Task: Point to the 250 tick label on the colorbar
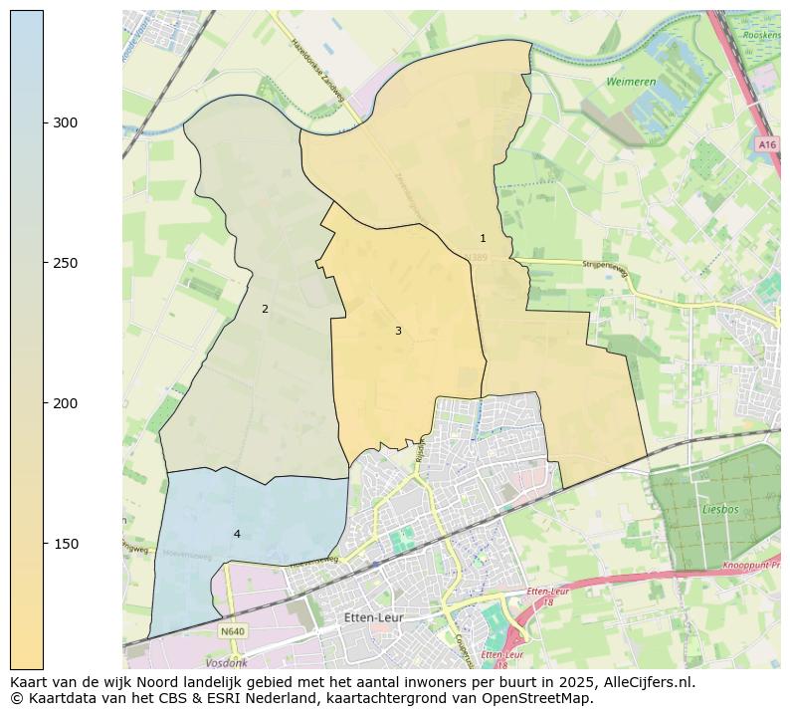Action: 66,263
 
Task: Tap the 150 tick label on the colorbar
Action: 66,544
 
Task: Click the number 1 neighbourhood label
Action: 484,238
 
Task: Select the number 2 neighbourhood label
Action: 265,309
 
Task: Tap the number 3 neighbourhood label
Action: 398,331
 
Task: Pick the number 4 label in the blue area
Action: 237,534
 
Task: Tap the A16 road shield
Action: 765,144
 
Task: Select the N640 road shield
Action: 232,631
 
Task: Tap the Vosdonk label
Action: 226,662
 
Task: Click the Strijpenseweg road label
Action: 605,266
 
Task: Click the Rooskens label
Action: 761,35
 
